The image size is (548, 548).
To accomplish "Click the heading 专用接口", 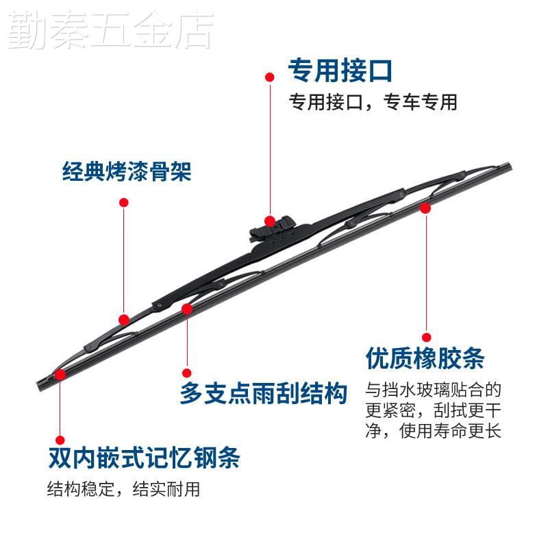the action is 340,71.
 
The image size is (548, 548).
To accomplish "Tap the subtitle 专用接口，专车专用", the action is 373,102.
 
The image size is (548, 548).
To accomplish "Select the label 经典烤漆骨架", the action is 127,172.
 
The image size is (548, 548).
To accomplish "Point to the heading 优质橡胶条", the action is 425,358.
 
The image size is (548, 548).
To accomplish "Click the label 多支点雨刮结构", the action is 263,393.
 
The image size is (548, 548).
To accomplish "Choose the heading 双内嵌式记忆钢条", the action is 144,458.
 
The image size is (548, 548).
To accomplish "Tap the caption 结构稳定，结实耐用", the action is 123,489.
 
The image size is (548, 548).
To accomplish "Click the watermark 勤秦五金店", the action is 110,30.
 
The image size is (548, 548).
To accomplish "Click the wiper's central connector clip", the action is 273,228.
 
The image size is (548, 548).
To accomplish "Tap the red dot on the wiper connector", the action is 269,221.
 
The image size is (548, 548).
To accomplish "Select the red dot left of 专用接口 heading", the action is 269,77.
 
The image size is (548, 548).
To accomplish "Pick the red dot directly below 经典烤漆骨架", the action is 124,202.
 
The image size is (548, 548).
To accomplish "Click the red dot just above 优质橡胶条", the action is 426,337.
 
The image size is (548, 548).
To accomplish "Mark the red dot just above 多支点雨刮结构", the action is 187,373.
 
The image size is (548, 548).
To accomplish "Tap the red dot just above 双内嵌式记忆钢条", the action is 60,440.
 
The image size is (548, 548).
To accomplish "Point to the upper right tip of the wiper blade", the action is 511,165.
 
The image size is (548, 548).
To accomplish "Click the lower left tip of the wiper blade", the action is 38,387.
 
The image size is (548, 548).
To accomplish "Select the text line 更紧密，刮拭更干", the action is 434,410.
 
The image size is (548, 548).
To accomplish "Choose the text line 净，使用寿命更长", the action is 434,431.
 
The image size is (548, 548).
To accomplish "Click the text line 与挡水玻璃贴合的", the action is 434,390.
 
